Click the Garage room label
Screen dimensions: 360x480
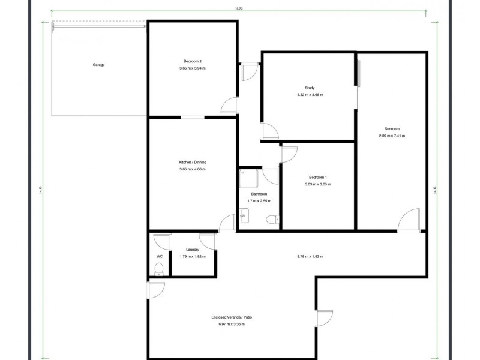[98, 65]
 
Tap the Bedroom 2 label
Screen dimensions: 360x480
[192, 61]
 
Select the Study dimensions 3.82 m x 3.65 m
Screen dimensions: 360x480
[310, 95]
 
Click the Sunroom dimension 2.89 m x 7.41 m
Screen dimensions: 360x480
[392, 136]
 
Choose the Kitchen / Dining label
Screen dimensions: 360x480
[192, 163]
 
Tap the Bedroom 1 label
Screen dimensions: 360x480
[318, 178]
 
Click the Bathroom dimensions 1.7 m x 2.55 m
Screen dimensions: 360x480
[259, 201]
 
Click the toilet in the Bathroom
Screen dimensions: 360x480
[273, 220]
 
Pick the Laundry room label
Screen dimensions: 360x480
[192, 250]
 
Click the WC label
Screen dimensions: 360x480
[159, 256]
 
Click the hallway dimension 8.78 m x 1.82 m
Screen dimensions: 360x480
[310, 256]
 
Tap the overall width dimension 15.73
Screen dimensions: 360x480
[239, 8]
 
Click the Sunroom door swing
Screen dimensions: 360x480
[409, 219]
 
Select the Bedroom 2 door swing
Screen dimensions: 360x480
[229, 106]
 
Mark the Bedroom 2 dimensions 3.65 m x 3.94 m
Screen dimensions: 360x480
[192, 68]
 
